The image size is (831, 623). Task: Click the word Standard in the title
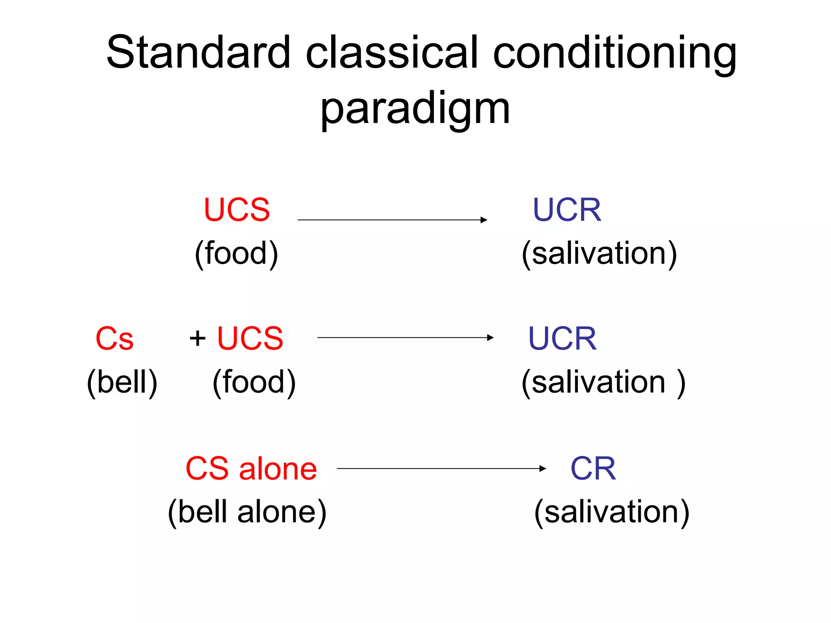point(198,53)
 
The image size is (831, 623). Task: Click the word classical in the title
point(392,53)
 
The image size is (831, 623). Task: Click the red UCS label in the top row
point(237,210)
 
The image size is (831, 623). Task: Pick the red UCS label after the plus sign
point(250,338)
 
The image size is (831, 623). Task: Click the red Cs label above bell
point(114,339)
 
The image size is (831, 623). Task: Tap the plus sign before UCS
point(198,338)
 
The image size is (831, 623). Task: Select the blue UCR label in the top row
point(567,210)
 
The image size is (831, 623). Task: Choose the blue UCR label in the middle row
point(562,338)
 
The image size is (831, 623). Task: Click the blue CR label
point(593,468)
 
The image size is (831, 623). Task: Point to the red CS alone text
point(251,468)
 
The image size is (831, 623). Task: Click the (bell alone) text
point(247,512)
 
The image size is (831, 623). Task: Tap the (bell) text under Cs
point(122,382)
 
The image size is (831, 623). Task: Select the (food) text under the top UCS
point(237,253)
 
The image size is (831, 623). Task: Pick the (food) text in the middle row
point(254,382)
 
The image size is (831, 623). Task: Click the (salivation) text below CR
point(611,512)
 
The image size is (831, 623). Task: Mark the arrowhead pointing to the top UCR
point(484,220)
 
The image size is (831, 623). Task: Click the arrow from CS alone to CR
point(441,468)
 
